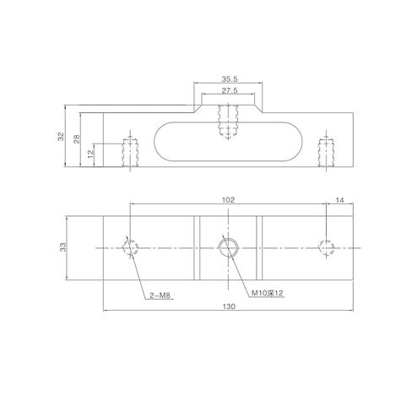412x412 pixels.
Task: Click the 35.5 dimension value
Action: coord(230,79)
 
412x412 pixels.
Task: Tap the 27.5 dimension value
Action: coord(230,90)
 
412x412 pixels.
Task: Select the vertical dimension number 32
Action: coord(61,137)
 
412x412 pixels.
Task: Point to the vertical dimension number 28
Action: coord(77,139)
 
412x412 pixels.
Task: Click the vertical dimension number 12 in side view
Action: coord(90,154)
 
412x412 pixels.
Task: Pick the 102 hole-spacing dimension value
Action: coord(228,200)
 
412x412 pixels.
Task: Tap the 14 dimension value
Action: coord(340,200)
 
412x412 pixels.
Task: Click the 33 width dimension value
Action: coord(63,247)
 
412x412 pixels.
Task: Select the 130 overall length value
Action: coord(229,306)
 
